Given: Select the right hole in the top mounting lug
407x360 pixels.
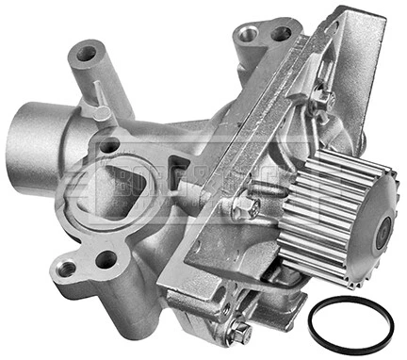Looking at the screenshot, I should point(281,34).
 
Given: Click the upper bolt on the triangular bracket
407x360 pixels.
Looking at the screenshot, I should point(323,96).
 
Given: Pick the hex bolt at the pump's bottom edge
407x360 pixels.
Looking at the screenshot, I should point(242,331).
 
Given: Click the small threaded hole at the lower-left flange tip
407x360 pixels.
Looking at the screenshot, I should point(66,270).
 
